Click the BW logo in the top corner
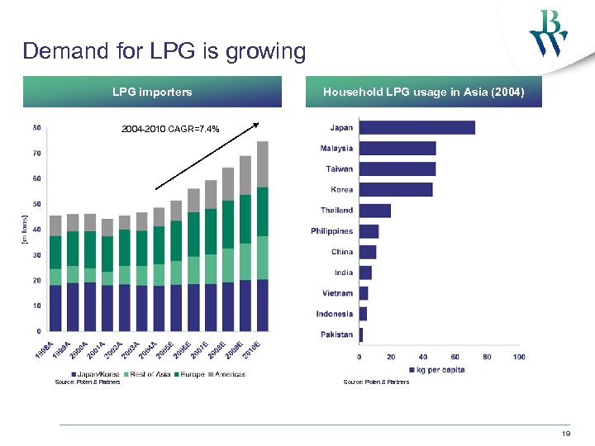click(549, 33)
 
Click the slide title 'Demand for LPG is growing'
click(164, 51)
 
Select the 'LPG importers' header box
click(152, 92)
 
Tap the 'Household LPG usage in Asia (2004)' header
click(423, 92)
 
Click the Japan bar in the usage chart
click(416, 127)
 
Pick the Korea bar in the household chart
click(396, 190)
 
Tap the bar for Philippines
click(369, 231)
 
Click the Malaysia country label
click(336, 149)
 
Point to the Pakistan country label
click(337, 334)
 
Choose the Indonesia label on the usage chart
click(334, 314)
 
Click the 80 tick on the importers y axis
click(37, 127)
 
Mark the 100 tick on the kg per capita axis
click(518, 357)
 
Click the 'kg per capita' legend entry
click(440, 369)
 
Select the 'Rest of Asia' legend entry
click(150, 374)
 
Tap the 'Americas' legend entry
click(229, 374)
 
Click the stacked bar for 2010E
click(262, 236)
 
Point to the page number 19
click(566, 433)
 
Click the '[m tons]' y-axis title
click(24, 230)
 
